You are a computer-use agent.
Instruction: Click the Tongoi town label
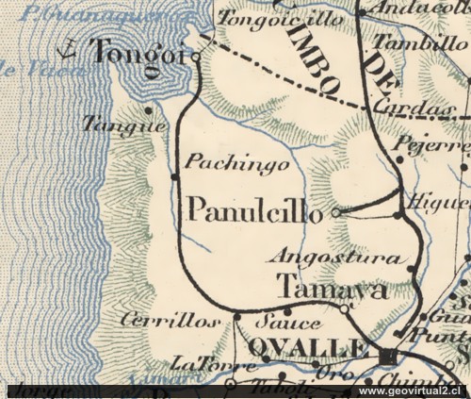pos(134,54)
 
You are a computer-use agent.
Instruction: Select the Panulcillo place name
pos(255,210)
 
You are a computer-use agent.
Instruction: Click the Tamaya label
pos(333,289)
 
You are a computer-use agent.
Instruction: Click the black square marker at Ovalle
pos(388,355)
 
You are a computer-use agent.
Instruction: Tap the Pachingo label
pos(223,162)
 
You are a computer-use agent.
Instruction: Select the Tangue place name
pos(124,124)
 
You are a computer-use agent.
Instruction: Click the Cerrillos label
pos(171,321)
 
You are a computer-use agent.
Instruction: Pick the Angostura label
pos(336,255)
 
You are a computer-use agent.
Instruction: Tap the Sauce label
pos(275,322)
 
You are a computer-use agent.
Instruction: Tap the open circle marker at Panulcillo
pos(336,213)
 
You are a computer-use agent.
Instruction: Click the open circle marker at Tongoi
pos(195,57)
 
